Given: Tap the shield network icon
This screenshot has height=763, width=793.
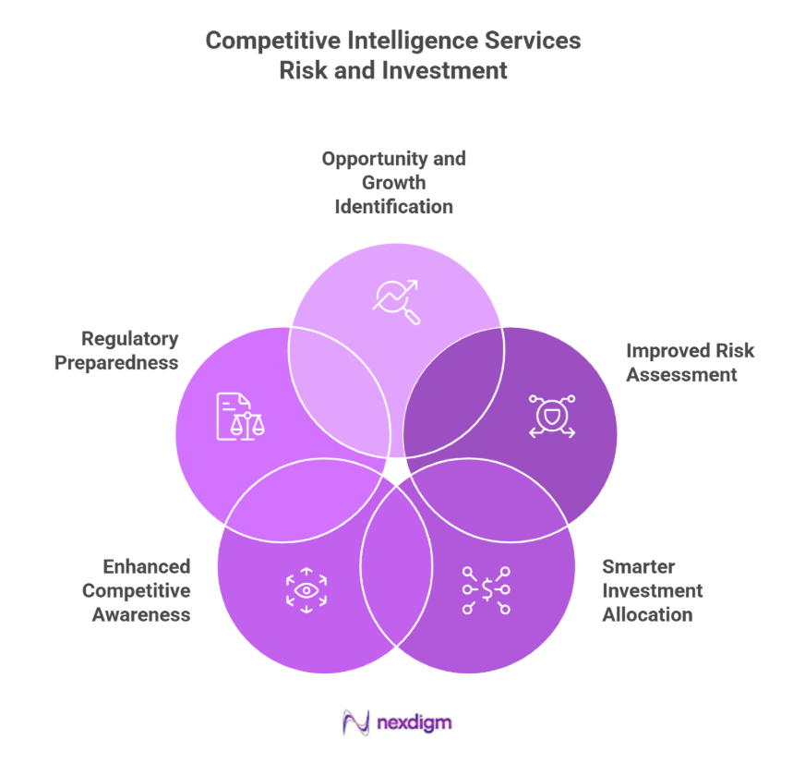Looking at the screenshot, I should pyautogui.click(x=551, y=415).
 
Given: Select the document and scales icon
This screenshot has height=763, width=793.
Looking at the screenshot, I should pyautogui.click(x=239, y=416).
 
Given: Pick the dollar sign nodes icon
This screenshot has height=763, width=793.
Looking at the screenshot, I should pyautogui.click(x=486, y=589).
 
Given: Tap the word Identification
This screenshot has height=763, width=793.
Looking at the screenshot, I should pyautogui.click(x=394, y=206).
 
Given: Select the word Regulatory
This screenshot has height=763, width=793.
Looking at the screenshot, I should pyautogui.click(x=129, y=339).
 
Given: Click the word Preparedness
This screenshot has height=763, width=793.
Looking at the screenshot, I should pyautogui.click(x=116, y=363).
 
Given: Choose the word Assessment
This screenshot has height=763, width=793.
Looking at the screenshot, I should pyautogui.click(x=681, y=374).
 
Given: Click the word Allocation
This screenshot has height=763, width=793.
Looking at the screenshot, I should pyautogui.click(x=647, y=614).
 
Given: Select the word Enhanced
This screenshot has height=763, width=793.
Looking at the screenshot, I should pyautogui.click(x=147, y=566).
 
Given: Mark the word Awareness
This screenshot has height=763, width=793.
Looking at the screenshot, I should pyautogui.click(x=141, y=614).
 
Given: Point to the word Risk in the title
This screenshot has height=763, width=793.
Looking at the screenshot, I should pyautogui.click(x=302, y=70).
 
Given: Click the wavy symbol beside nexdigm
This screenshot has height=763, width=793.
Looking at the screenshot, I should pyautogui.click(x=355, y=722).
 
